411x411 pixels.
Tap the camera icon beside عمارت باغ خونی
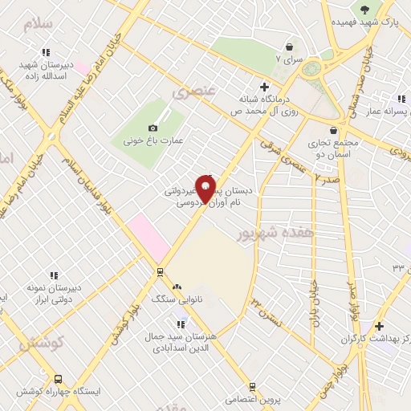(x=153, y=128)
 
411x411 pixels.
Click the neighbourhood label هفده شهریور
(x=267, y=232)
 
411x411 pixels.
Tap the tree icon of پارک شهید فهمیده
(x=365, y=10)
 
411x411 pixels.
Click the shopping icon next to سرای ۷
(x=289, y=47)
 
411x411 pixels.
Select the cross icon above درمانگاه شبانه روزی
(x=263, y=87)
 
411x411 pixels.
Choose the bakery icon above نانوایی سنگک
(x=177, y=286)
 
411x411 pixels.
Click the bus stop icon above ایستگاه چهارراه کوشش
(x=58, y=379)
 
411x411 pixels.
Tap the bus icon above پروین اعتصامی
(x=253, y=386)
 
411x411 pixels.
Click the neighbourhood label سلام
(x=38, y=23)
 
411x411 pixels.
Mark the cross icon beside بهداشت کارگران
(x=380, y=327)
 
